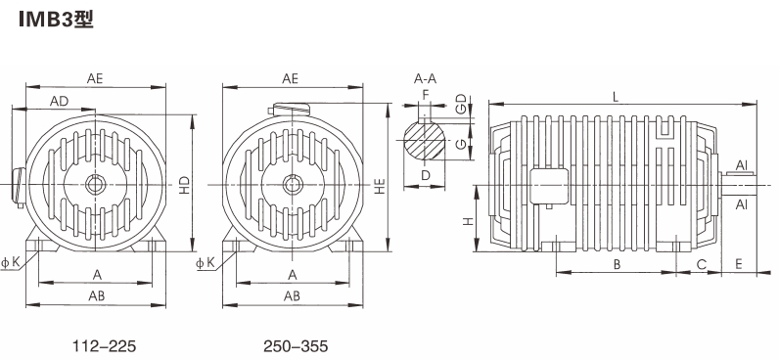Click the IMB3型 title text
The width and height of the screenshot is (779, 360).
[56, 20]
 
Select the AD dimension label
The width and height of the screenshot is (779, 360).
[59, 102]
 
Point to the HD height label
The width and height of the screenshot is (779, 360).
[184, 185]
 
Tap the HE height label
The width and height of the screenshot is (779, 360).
[380, 185]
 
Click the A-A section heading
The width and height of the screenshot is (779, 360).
[426, 78]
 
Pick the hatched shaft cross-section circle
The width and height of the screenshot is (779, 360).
[424, 140]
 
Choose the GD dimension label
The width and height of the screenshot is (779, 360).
[462, 105]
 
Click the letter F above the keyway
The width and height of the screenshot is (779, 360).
[425, 94]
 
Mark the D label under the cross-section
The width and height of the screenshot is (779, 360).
[426, 175]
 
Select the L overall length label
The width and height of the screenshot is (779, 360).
[616, 97]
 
